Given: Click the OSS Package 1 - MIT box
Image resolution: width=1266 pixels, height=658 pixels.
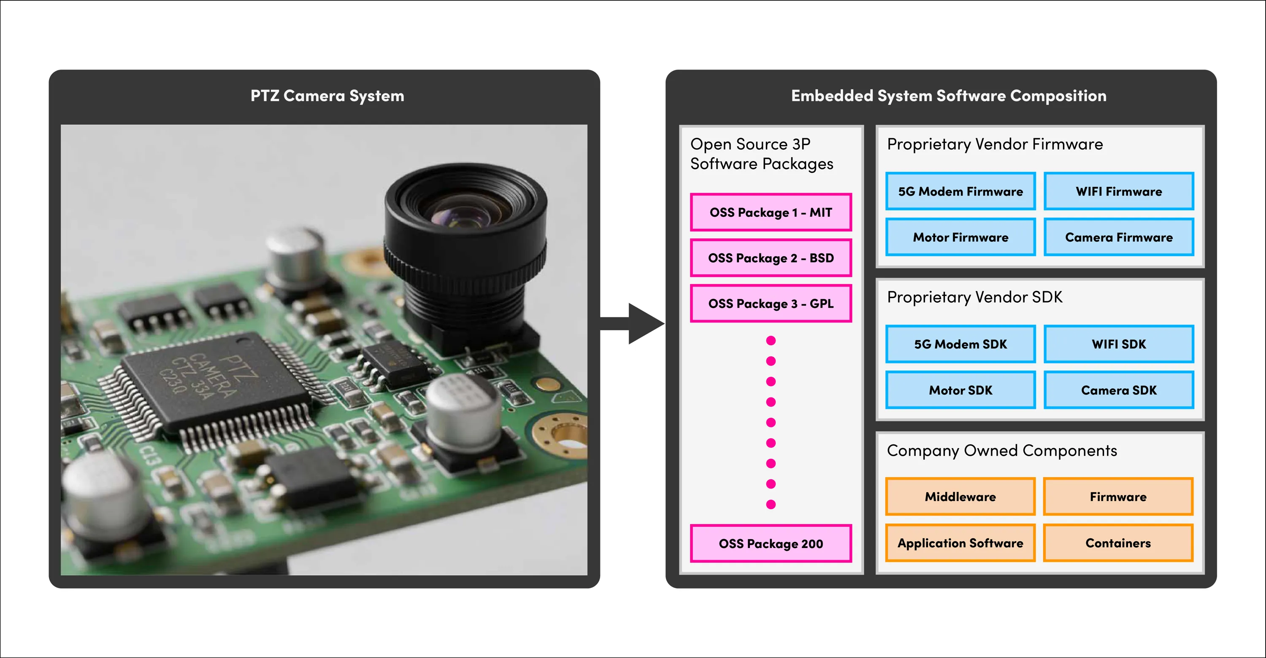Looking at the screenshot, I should tap(771, 212).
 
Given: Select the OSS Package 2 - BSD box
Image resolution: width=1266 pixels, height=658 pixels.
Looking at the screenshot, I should tap(771, 258).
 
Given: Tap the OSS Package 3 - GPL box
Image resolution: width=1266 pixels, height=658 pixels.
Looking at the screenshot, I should tap(771, 303).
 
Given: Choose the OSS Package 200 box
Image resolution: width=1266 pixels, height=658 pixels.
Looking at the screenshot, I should tap(771, 543).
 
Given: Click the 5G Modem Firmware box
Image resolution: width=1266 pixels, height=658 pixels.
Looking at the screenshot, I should tap(960, 191).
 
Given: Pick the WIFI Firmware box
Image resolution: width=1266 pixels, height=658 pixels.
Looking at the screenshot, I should tap(1119, 191).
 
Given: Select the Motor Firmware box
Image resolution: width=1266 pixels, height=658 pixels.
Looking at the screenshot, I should tap(960, 237).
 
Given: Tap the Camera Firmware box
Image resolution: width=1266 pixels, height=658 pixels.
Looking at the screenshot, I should tap(1119, 237).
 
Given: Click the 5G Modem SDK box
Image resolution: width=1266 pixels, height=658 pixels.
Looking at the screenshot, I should tap(960, 344).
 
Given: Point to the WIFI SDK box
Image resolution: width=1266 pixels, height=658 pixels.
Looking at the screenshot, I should tap(1119, 344).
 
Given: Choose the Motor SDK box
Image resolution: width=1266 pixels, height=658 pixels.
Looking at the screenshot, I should tap(960, 390).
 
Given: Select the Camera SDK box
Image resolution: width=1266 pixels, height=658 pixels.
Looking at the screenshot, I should tap(1119, 390).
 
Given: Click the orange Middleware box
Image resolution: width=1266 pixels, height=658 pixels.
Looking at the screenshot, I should tap(960, 497).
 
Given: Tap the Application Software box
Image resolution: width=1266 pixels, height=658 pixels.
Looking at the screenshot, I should tap(960, 543).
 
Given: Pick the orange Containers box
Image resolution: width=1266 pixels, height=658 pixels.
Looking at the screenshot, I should tap(1118, 543).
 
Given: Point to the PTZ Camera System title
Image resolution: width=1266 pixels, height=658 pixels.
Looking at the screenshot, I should tap(327, 96).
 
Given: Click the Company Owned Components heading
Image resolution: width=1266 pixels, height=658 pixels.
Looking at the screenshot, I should tap(1001, 450).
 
